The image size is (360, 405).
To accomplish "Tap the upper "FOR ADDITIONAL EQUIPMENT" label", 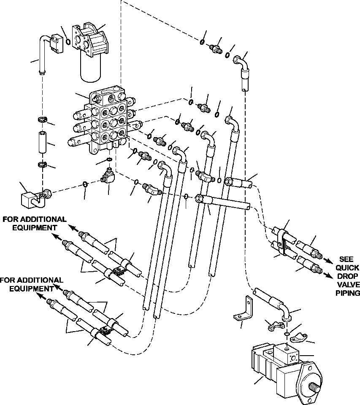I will (35, 224).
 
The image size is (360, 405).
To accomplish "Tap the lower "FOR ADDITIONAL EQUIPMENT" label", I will (32, 284).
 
